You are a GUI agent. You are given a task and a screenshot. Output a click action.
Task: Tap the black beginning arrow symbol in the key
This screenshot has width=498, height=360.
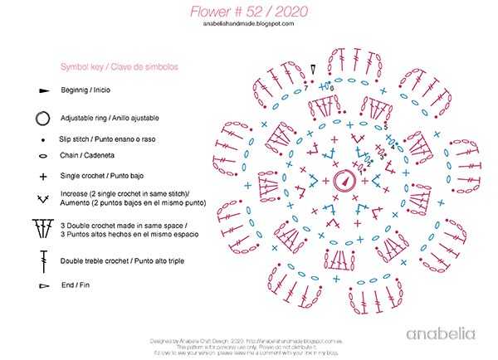click(x=43, y=90)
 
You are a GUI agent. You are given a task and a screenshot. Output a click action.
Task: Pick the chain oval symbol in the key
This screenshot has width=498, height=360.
click(x=42, y=155)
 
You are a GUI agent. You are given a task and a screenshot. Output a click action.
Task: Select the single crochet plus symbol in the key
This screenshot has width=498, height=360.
click(x=42, y=176)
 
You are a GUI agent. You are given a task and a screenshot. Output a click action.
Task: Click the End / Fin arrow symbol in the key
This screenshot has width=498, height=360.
click(x=43, y=286)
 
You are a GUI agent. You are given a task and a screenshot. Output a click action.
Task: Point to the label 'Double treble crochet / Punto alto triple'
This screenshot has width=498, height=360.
click(x=122, y=260)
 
